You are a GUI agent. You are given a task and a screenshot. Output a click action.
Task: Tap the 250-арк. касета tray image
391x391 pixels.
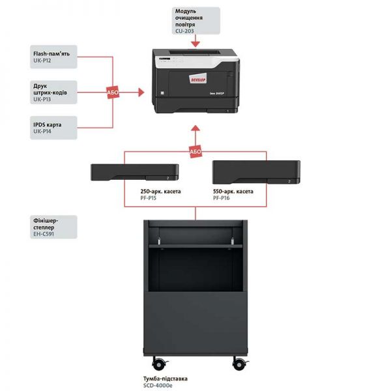click(x=135, y=172)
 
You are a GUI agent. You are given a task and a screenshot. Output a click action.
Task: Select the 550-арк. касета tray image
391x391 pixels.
click(x=257, y=171)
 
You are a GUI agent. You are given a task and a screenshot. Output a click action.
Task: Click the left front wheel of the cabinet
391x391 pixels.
click(x=157, y=362)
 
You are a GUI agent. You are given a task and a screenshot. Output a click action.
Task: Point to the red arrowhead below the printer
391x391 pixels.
click(x=195, y=130)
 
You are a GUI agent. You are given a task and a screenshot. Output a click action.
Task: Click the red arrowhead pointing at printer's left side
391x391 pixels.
click(x=141, y=93)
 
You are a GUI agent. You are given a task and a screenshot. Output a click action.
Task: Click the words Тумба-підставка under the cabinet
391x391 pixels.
click(x=166, y=378)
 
